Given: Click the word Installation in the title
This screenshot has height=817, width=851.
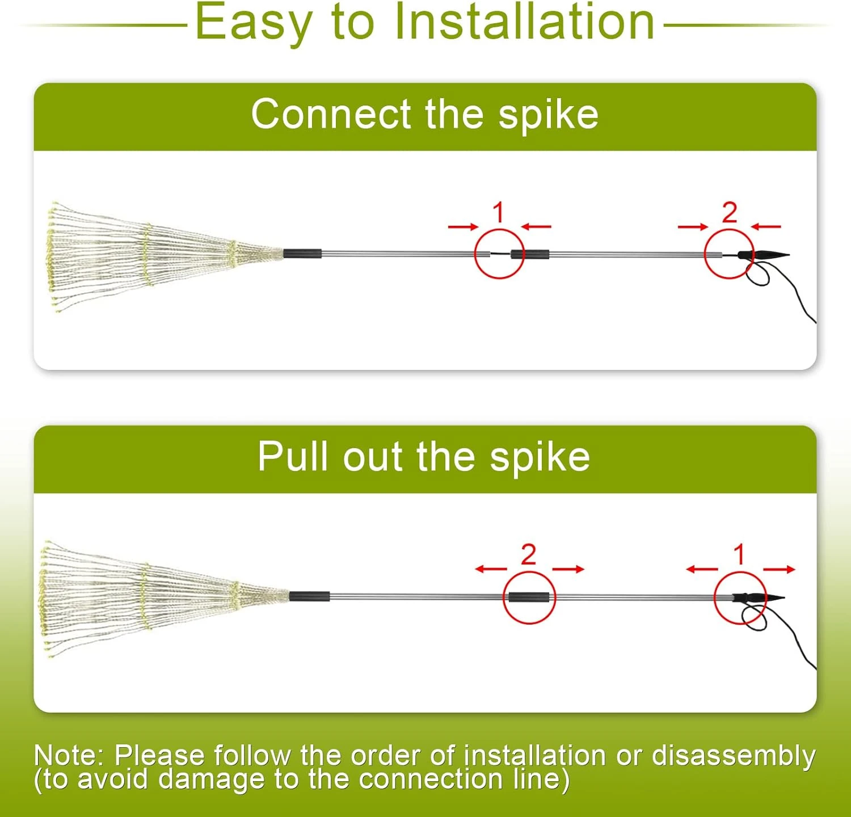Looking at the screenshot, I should coord(525,23).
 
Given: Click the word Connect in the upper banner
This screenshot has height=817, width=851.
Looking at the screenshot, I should coord(331,115).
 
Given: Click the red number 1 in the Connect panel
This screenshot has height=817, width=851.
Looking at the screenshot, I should coord(499,213).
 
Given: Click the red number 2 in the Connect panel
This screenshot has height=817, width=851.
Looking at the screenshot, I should coord(730,213).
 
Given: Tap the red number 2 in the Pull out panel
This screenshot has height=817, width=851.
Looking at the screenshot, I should coord(528,555).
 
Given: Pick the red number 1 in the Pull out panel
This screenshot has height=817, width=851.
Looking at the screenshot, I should coord(739,555).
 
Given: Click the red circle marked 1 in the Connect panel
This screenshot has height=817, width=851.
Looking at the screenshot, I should coord(499,254).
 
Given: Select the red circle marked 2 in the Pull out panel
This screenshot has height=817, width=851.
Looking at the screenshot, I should coord(529,597).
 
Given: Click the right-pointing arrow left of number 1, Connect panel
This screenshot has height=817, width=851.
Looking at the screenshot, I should coord(463,227).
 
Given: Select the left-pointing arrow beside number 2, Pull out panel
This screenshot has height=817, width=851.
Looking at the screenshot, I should coord(491,569).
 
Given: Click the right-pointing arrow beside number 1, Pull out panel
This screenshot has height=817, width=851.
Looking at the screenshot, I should coord(779,569).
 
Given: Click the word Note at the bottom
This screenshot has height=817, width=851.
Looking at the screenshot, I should coord(67,756).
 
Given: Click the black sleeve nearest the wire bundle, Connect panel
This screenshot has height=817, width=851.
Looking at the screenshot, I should coord(302,254).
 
